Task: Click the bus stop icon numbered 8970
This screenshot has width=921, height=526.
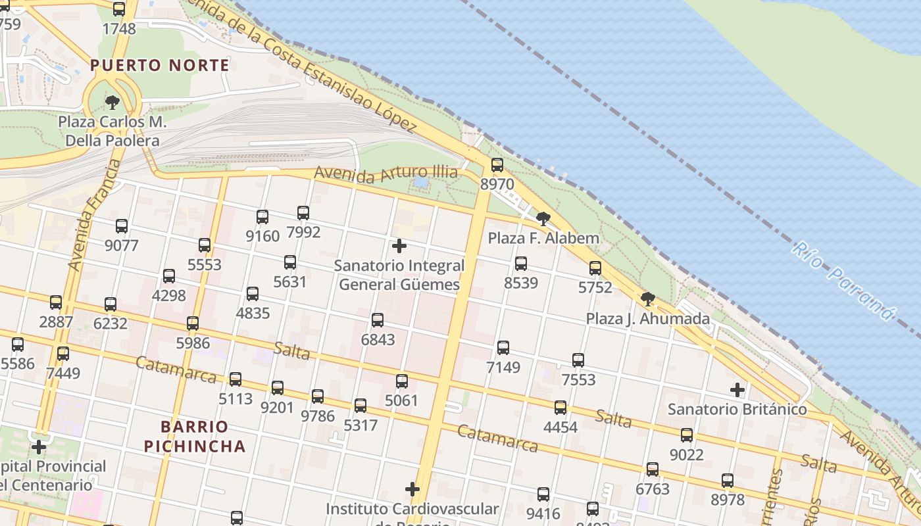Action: coord(497,164)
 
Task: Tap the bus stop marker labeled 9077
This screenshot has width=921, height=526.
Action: coord(122,226)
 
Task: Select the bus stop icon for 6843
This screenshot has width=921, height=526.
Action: coord(378,320)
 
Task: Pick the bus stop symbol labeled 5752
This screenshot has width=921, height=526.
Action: coord(595,268)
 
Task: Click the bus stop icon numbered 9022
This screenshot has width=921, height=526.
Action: coord(687,435)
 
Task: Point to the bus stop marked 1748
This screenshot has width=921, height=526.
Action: coord(119,9)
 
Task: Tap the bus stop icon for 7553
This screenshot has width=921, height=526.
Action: coord(578,360)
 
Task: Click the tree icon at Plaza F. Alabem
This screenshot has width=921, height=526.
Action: coord(543,218)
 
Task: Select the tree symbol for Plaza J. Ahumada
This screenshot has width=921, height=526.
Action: coord(648,299)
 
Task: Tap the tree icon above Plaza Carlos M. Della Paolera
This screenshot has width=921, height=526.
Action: coord(112,102)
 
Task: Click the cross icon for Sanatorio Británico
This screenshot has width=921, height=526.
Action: coord(737,390)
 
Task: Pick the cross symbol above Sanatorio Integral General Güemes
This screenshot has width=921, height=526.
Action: coord(399,246)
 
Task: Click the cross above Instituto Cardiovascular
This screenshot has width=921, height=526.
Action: coord(412,489)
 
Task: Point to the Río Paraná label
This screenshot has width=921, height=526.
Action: coord(843,281)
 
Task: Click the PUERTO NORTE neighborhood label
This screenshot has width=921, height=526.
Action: coord(160,65)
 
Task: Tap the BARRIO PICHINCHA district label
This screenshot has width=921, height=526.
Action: coord(195,437)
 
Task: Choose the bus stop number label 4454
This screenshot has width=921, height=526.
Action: coord(560,427)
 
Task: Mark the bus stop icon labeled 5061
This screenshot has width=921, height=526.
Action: coord(402,381)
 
